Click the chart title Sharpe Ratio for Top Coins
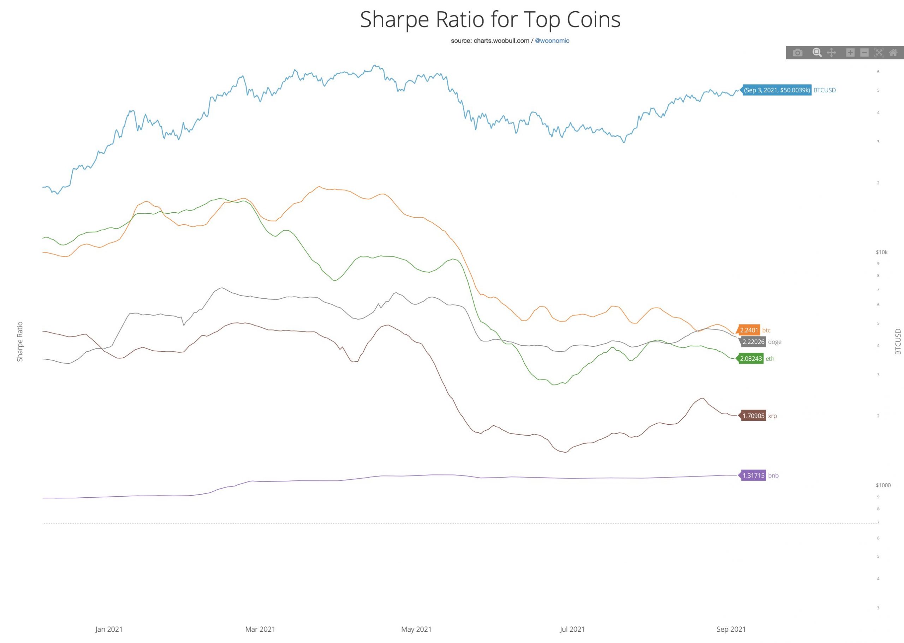490,19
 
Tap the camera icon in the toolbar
797,53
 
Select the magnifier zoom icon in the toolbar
816,53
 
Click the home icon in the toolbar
893,53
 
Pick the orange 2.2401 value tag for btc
749,330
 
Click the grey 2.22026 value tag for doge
753,342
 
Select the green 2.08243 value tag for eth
751,359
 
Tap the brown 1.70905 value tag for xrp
753,416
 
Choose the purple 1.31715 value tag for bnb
753,475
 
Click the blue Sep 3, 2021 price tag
777,90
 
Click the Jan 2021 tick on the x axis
109,629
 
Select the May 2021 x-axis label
416,629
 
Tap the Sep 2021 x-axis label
731,629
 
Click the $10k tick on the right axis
881,252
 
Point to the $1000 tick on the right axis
883,485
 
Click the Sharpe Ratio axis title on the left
20,342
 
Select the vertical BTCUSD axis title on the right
898,342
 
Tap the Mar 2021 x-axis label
260,629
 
